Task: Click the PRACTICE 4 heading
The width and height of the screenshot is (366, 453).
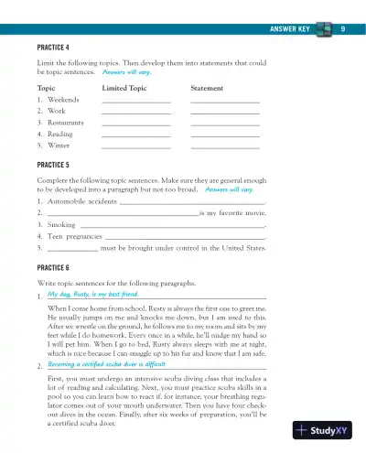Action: point(54,46)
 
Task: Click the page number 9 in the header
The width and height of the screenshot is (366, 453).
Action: point(341,30)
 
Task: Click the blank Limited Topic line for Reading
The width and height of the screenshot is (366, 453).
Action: point(136,135)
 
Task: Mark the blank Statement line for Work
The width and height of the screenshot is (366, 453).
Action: point(225,112)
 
